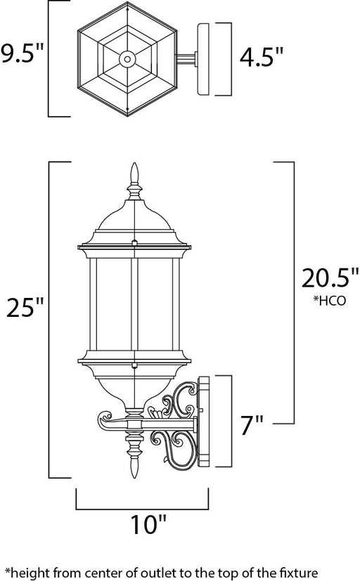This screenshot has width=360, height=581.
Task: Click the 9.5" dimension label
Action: click(x=22, y=53)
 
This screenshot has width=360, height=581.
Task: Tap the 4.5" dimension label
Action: click(x=261, y=58)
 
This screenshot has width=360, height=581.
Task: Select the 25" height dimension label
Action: click(x=25, y=308)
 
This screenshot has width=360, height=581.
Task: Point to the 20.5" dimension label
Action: click(x=330, y=278)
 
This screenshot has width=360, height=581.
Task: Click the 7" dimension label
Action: click(x=252, y=425)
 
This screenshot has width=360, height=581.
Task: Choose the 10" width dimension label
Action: click(x=148, y=524)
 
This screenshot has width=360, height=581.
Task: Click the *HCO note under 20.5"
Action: click(x=330, y=300)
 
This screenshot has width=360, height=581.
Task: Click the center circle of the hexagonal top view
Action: click(x=127, y=59)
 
